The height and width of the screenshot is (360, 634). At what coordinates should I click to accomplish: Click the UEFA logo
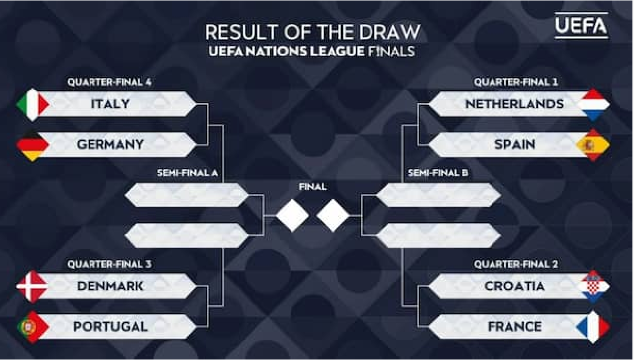(x=581, y=25)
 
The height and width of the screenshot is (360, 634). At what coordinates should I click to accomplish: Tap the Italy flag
(x=33, y=104)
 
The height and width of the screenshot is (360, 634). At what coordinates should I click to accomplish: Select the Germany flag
(x=33, y=145)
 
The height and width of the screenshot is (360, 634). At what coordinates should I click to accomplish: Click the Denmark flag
(x=33, y=287)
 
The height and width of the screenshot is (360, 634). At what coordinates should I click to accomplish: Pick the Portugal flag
(x=33, y=327)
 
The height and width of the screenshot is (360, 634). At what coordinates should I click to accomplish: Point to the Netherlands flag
(x=593, y=104)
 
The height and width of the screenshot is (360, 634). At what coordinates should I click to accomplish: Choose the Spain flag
(x=593, y=145)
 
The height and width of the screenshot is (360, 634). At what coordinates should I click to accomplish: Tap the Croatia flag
(x=593, y=287)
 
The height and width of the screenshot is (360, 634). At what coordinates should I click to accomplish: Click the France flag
(x=593, y=327)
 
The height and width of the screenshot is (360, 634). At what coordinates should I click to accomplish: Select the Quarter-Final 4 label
(x=109, y=82)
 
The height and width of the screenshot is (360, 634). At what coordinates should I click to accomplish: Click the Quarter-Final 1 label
(x=516, y=82)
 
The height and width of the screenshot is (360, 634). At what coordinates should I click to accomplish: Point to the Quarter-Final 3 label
(x=109, y=264)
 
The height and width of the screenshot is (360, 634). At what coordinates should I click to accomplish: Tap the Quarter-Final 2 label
(x=516, y=264)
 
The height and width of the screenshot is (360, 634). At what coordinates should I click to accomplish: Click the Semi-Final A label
(x=187, y=173)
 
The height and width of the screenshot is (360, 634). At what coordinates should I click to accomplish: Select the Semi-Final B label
(x=438, y=173)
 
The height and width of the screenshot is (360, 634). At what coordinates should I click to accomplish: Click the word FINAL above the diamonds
(x=312, y=186)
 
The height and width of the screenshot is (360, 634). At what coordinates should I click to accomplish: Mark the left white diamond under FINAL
(x=292, y=216)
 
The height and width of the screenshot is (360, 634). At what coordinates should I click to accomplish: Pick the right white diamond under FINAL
(x=333, y=216)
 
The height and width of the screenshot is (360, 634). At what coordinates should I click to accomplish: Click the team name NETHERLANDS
(x=514, y=104)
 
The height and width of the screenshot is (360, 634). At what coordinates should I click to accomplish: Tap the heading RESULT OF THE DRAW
(x=312, y=31)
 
